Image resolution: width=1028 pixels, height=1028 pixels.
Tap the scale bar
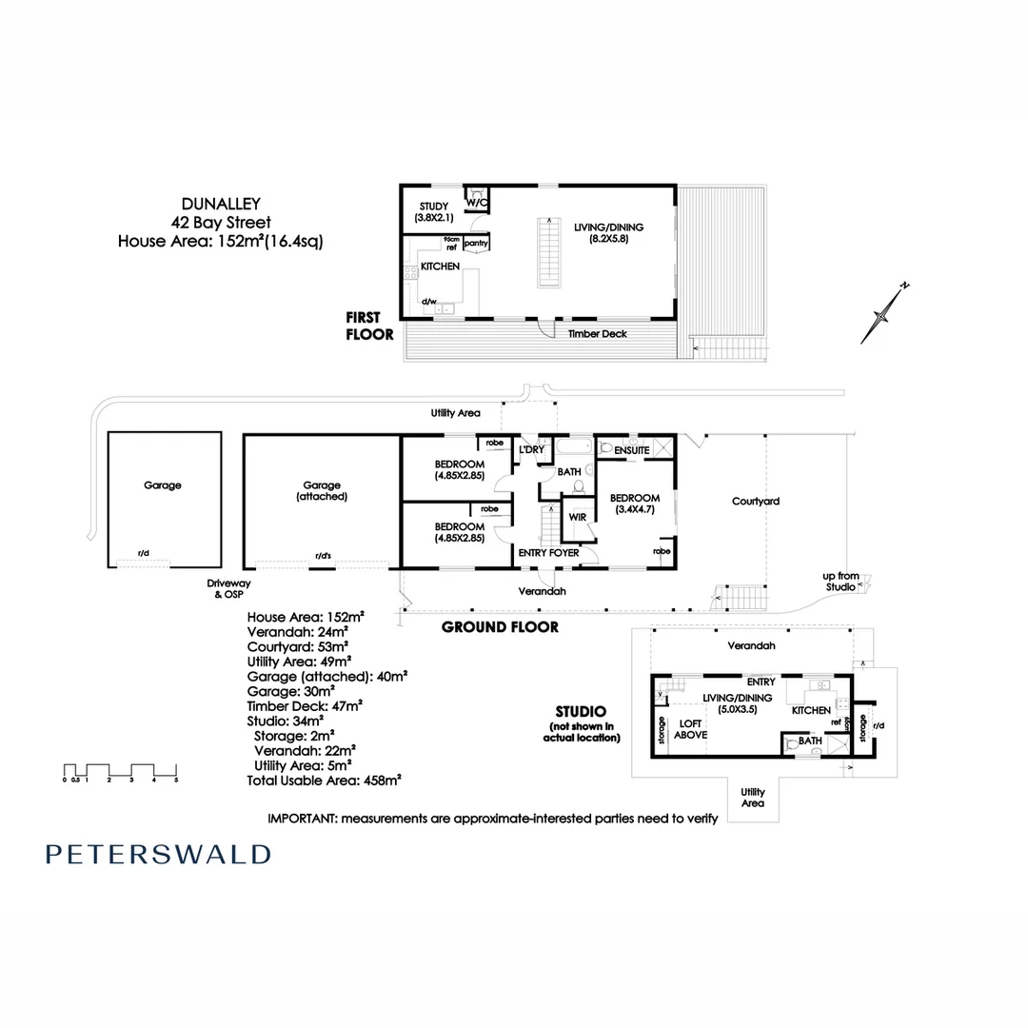coord(120,770)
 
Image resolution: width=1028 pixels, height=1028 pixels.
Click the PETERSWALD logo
coord(158,854)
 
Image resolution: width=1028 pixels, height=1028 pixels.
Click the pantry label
coord(476,243)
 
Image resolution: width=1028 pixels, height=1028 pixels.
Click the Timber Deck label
coord(596,334)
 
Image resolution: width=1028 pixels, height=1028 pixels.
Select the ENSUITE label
coord(631,449)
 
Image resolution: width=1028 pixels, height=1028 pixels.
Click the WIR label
coord(577,517)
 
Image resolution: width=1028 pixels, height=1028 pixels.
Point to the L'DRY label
coord(529,449)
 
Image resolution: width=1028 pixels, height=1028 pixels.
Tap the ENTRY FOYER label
coord(547,552)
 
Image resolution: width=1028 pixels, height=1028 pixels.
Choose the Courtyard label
coord(756,501)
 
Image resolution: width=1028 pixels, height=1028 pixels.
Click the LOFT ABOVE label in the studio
coord(690,729)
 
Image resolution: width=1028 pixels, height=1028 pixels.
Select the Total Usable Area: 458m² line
coord(324,780)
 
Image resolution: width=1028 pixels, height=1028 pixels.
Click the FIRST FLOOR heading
coord(370,326)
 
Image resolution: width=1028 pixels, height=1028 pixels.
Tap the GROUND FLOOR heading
coord(500,627)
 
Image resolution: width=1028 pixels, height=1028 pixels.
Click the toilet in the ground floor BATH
coord(578,486)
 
